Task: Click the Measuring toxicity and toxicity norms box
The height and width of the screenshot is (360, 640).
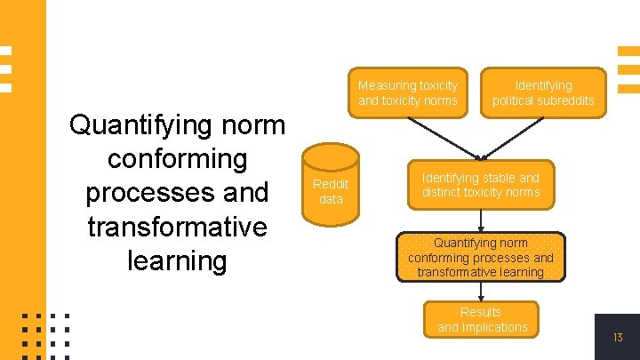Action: (407, 92)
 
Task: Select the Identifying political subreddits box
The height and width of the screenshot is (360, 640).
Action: (543, 92)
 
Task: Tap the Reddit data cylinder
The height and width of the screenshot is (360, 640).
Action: (331, 190)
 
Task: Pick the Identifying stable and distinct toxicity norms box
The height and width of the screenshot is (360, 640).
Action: (480, 185)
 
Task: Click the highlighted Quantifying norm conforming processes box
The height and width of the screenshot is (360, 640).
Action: (480, 257)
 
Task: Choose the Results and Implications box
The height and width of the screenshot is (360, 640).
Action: (481, 320)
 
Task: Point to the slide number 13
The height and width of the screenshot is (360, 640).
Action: (618, 338)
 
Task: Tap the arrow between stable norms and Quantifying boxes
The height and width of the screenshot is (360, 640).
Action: (480, 220)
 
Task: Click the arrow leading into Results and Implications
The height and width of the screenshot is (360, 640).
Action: (480, 292)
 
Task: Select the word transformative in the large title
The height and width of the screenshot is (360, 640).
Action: (177, 227)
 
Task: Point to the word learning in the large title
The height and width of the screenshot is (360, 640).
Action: (177, 260)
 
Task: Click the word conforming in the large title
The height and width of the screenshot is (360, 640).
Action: (177, 158)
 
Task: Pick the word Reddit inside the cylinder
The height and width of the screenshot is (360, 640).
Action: (331, 184)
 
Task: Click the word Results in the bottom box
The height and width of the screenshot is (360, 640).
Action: (481, 312)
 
